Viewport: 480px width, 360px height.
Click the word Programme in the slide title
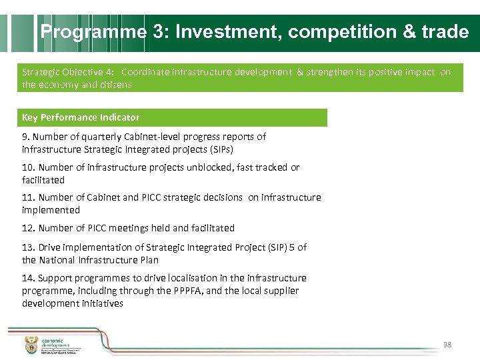tap(93, 32)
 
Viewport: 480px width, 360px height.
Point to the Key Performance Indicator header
tap(81, 117)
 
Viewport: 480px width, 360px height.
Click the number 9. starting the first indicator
tap(26, 137)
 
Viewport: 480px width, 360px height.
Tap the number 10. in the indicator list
tap(29, 167)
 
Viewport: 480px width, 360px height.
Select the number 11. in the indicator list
tap(29, 197)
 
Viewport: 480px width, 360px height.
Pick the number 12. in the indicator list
tap(29, 228)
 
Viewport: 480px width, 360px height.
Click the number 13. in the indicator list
tap(29, 247)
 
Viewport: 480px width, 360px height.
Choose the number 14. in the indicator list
tap(29, 278)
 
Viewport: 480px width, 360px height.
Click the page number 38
tap(447, 345)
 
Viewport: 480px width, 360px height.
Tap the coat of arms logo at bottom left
tap(31, 345)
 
